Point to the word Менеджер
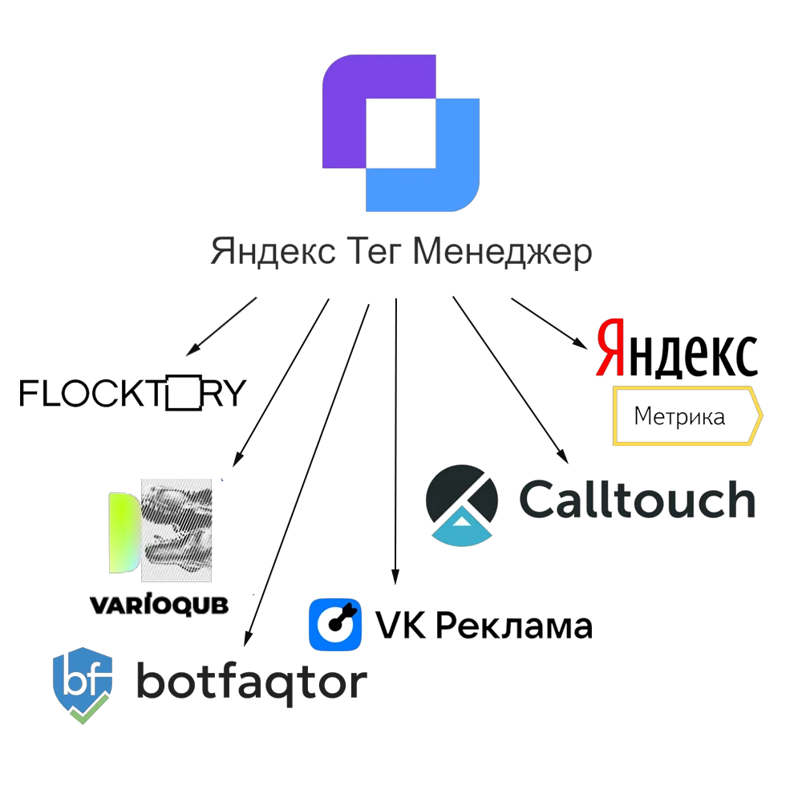(x=503, y=255)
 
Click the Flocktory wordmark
(x=133, y=395)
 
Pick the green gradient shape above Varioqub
(x=122, y=533)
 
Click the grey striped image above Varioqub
(x=177, y=529)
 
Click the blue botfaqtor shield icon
(x=83, y=682)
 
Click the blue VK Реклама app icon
(x=334, y=623)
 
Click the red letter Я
(x=611, y=348)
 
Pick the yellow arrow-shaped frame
(x=686, y=415)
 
